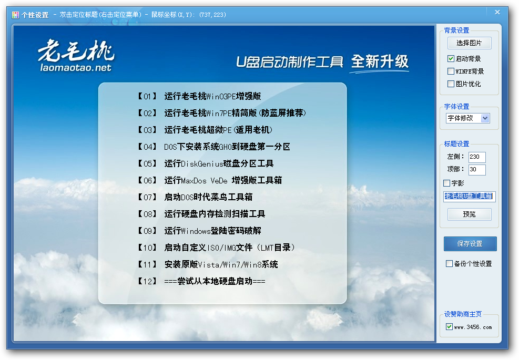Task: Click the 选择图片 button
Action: (469, 43)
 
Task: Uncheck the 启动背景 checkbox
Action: (451, 58)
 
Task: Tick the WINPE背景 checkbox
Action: (451, 71)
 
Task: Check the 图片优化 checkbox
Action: (451, 84)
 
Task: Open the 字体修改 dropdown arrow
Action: (485, 118)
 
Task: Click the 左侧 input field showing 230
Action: (477, 157)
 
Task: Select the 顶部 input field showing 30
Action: (477, 169)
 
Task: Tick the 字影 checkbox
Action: (446, 183)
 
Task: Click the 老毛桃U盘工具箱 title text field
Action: (470, 196)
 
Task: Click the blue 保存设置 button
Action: (470, 244)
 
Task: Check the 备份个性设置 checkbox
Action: (449, 264)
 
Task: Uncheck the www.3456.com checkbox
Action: (449, 326)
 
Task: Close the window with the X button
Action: (497, 12)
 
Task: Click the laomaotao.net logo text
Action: (76, 68)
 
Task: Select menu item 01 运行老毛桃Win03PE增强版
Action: (199, 96)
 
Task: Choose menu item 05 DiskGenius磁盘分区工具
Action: (206, 163)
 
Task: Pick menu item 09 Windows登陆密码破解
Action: (199, 231)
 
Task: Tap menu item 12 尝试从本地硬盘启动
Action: (201, 281)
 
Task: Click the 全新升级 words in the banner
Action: (380, 61)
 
